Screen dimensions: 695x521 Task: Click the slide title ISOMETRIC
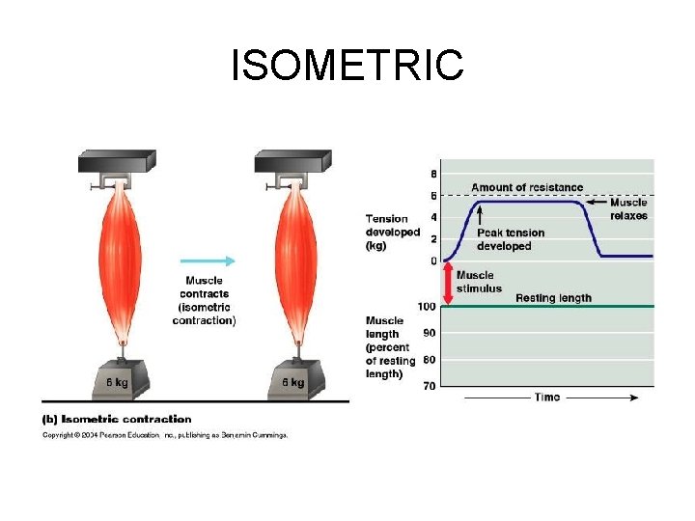point(347,66)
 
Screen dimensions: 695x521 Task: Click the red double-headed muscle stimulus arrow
point(447,284)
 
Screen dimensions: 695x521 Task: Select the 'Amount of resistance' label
point(526,187)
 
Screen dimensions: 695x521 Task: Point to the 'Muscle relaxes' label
point(628,209)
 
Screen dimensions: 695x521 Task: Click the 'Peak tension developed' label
point(510,239)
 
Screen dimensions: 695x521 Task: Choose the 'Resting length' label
point(553,298)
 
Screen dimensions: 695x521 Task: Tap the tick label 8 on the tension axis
point(432,175)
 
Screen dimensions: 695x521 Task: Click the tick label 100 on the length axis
point(428,307)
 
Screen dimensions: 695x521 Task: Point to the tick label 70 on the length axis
point(430,386)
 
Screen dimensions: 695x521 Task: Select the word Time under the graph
point(547,398)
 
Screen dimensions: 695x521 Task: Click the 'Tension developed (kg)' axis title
point(392,233)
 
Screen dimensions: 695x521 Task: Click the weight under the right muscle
point(292,378)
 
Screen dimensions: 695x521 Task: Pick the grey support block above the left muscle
point(117,161)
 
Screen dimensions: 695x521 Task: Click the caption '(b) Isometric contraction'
point(116,419)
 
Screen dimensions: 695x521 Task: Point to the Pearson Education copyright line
point(164,435)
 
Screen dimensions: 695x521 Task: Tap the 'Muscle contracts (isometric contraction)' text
point(204,300)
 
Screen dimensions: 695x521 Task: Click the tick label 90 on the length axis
point(430,333)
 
